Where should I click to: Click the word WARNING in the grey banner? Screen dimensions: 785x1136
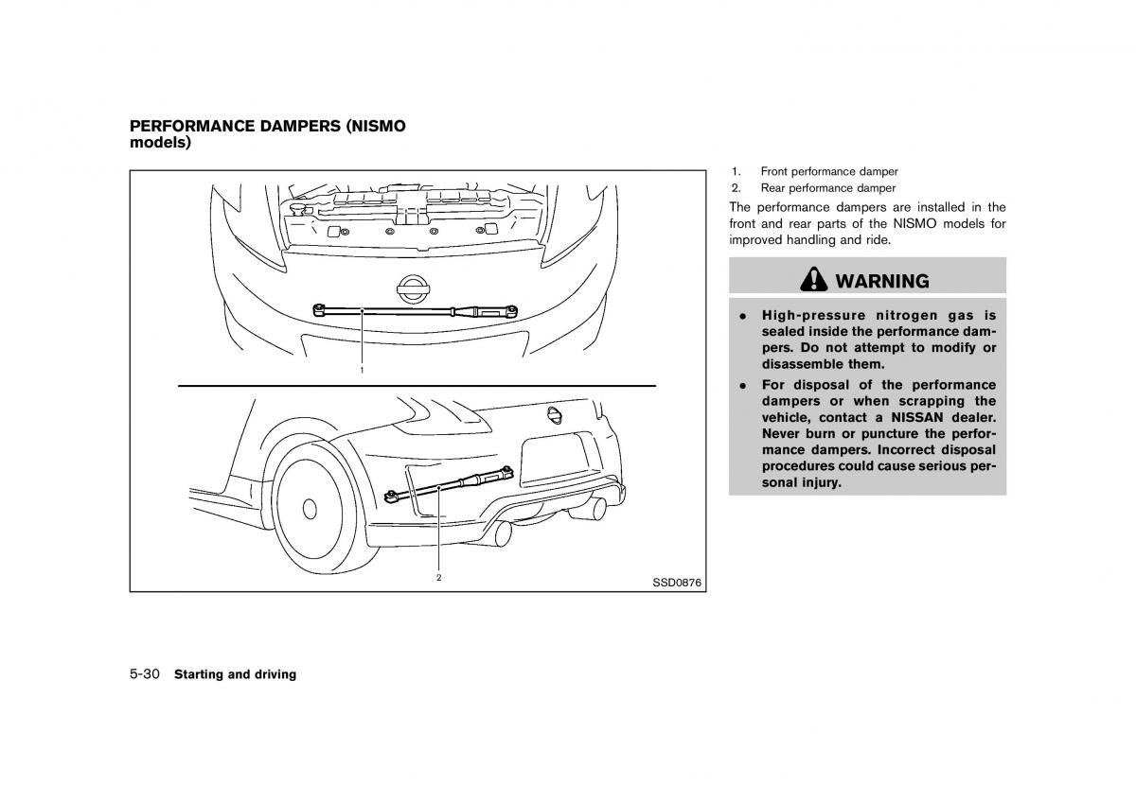click(882, 281)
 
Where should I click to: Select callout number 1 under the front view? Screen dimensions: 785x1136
click(362, 371)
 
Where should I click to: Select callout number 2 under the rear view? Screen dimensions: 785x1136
click(439, 576)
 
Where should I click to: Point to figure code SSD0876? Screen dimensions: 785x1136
click(676, 583)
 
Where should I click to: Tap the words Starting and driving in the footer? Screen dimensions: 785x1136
click(235, 674)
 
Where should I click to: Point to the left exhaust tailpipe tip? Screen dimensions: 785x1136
click(502, 532)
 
